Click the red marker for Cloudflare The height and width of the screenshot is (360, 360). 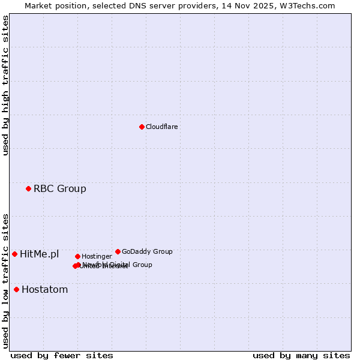pyautogui.click(x=142, y=127)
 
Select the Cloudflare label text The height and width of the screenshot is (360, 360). pyautogui.click(x=162, y=127)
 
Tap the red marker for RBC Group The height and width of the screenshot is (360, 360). pyautogui.click(x=28, y=189)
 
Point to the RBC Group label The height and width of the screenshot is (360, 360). pyautogui.click(x=60, y=189)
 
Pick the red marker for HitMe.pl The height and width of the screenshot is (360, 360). pyautogui.click(x=14, y=254)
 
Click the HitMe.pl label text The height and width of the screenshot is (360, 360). pyautogui.click(x=40, y=254)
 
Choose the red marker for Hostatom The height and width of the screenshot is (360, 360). pyautogui.click(x=16, y=290)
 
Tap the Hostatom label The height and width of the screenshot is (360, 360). pyautogui.click(x=45, y=290)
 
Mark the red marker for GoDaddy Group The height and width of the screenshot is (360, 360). pyautogui.click(x=118, y=251)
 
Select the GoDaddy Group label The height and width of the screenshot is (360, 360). pyautogui.click(x=147, y=252)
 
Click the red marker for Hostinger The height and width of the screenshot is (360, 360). pyautogui.click(x=77, y=257)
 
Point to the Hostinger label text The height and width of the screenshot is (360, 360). pyautogui.click(x=97, y=257)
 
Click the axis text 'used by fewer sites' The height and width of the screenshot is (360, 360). pyautogui.click(x=62, y=356)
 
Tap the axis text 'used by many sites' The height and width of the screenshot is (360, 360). pyautogui.click(x=301, y=356)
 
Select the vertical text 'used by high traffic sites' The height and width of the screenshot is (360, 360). pyautogui.click(x=5, y=85)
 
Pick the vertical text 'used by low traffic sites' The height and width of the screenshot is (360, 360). pyautogui.click(x=5, y=281)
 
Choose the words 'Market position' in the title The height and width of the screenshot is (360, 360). pyautogui.click(x=54, y=5)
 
